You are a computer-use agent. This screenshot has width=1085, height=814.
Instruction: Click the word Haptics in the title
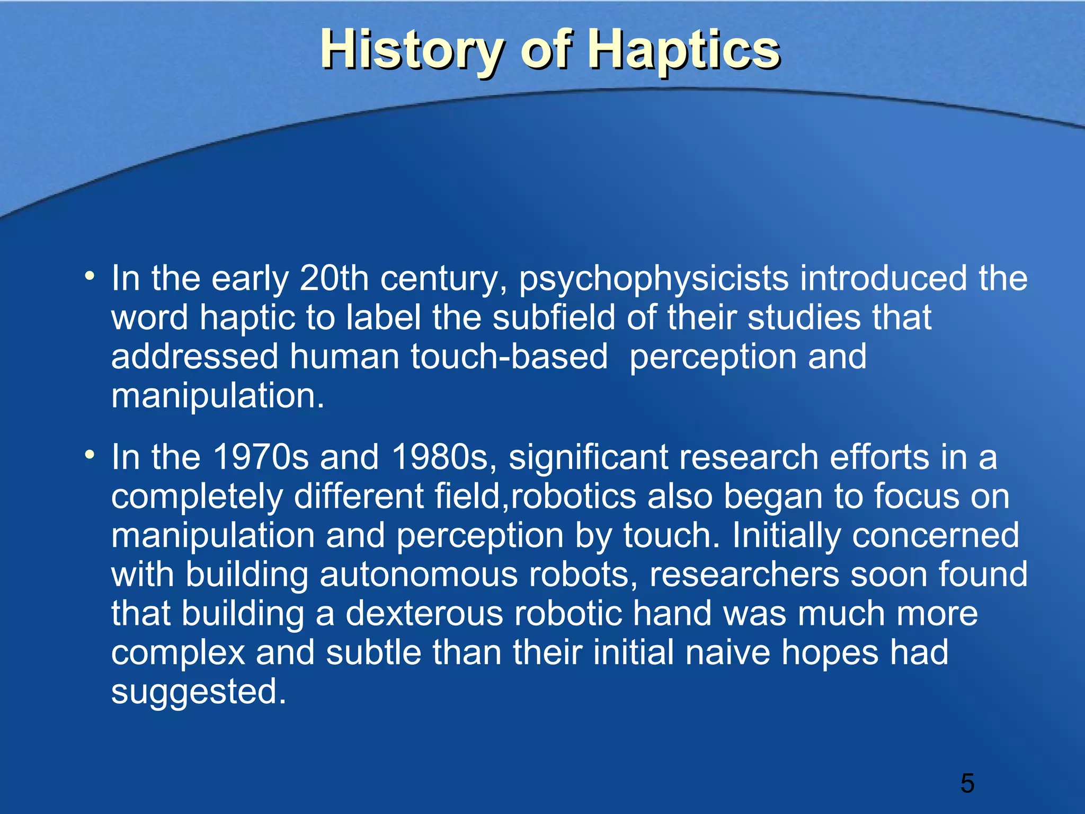[684, 50]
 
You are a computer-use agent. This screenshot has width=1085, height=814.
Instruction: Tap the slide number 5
[967, 783]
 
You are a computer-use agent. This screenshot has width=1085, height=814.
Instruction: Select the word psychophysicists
[654, 279]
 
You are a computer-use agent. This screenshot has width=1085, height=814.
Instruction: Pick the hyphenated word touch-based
[509, 356]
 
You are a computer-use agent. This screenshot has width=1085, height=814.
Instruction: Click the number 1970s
[260, 457]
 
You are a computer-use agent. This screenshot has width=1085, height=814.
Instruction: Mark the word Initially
[786, 536]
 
